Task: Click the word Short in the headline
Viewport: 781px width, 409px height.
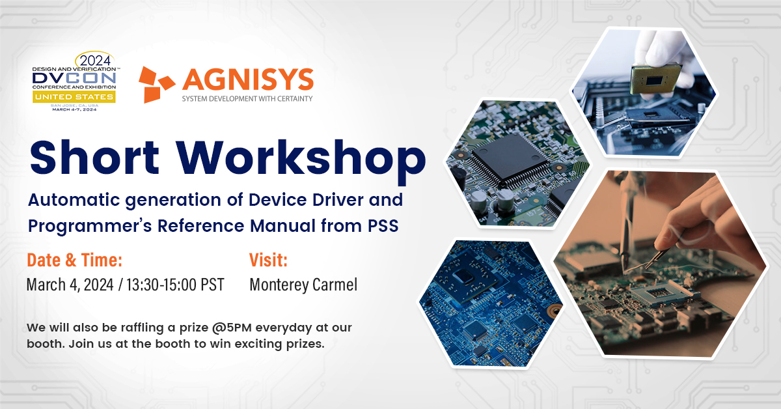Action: pyautogui.click(x=94, y=158)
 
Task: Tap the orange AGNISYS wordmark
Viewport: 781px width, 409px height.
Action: pyautogui.click(x=248, y=79)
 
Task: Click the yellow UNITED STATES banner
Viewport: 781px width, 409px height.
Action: pyautogui.click(x=74, y=96)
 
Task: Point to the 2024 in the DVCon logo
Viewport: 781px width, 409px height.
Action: pyautogui.click(x=95, y=61)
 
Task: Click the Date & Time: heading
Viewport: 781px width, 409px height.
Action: pyautogui.click(x=75, y=260)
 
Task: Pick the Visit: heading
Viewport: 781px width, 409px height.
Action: pyautogui.click(x=268, y=260)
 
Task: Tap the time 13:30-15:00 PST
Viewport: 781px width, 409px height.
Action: pyautogui.click(x=175, y=285)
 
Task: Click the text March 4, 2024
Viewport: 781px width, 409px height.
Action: pyautogui.click(x=70, y=285)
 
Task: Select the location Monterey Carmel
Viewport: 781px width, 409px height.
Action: pyautogui.click(x=303, y=285)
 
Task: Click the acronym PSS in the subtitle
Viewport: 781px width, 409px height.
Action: pyautogui.click(x=383, y=226)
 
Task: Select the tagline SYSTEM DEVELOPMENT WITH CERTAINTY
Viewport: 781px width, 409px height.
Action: pyautogui.click(x=247, y=99)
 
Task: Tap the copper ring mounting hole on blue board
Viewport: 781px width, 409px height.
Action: pyautogui.click(x=553, y=309)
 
